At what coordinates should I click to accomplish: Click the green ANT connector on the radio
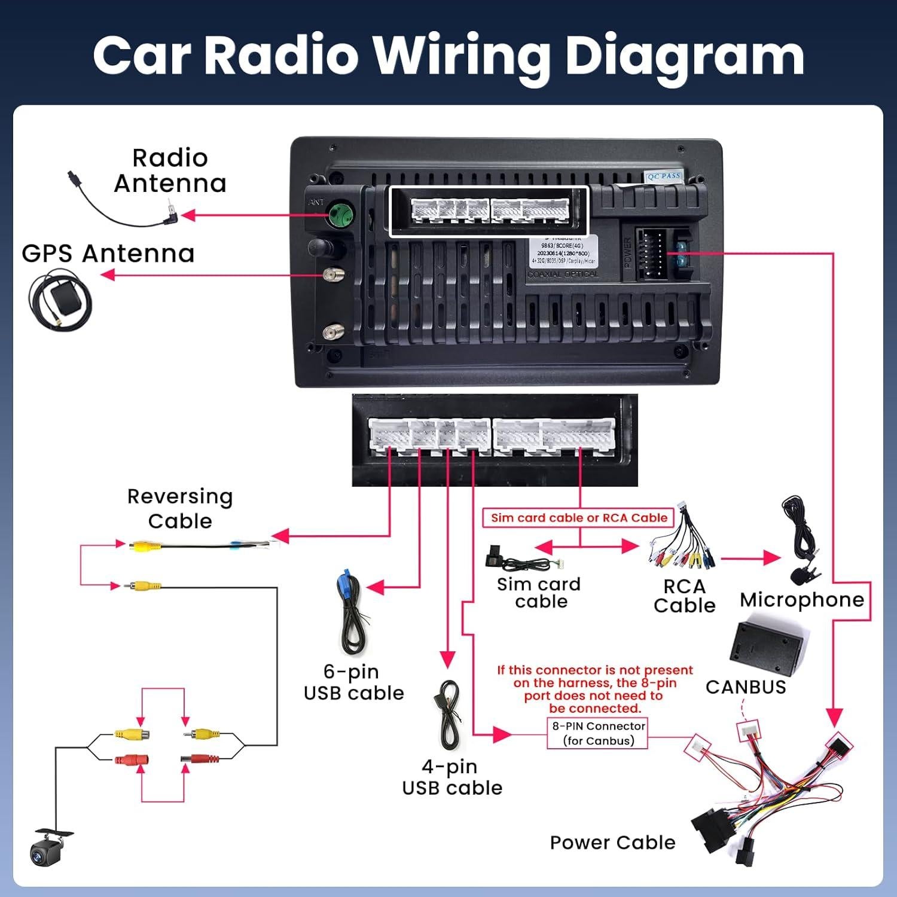340,214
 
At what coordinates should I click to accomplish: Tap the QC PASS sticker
663,176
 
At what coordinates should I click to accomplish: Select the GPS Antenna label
108,254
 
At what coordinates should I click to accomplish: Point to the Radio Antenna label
170,171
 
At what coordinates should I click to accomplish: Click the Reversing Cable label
180,508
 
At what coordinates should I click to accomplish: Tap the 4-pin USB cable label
452,777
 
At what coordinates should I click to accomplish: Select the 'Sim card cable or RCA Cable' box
579,518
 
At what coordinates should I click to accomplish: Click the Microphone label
802,600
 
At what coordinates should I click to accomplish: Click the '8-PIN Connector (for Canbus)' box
598,733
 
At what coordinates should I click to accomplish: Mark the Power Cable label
612,843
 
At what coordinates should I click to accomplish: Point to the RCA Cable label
684,596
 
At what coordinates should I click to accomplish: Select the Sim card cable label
539,593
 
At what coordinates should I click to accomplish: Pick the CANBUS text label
746,687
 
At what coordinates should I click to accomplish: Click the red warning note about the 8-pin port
595,689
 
